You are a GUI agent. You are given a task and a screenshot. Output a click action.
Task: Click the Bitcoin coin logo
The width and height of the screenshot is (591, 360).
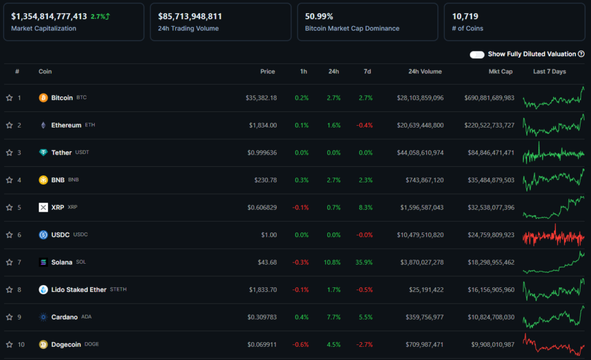click(x=43, y=98)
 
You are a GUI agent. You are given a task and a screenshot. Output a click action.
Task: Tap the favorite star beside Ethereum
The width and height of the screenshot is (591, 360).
click(x=9, y=125)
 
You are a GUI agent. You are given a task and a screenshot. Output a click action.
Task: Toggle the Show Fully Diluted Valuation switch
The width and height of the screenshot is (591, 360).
click(x=477, y=54)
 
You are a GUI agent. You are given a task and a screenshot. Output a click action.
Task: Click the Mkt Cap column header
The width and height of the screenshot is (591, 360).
click(x=499, y=72)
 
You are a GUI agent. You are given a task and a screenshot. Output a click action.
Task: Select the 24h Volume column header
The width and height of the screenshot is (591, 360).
click(x=425, y=72)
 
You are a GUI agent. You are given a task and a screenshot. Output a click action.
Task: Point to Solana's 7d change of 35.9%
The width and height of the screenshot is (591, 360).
click(x=364, y=262)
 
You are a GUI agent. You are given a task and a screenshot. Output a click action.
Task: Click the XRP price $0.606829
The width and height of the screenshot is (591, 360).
click(x=262, y=208)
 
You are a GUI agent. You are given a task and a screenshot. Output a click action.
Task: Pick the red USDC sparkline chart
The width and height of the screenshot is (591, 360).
click(x=553, y=235)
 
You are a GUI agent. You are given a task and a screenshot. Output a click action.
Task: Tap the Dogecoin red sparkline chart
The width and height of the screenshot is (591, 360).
click(x=553, y=344)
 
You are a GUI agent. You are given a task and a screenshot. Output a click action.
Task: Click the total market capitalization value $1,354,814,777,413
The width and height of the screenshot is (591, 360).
click(x=49, y=17)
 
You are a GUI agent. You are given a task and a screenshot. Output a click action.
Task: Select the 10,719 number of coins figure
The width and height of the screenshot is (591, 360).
click(x=465, y=17)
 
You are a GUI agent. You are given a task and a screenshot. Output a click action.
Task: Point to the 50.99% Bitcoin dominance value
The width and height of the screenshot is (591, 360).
click(x=319, y=17)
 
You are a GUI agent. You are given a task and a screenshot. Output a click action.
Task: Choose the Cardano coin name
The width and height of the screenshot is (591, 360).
click(x=64, y=317)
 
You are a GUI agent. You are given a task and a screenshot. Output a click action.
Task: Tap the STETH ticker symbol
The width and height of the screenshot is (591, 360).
click(x=118, y=290)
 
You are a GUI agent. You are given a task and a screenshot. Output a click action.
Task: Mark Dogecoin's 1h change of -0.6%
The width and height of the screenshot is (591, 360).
click(x=301, y=345)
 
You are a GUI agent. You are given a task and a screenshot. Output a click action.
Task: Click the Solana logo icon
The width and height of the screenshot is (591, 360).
click(x=43, y=262)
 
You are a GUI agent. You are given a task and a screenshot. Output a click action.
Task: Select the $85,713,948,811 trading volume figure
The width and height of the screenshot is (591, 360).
click(x=190, y=17)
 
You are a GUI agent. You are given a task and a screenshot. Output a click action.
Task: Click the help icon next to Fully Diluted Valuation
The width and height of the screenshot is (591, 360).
click(x=581, y=54)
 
